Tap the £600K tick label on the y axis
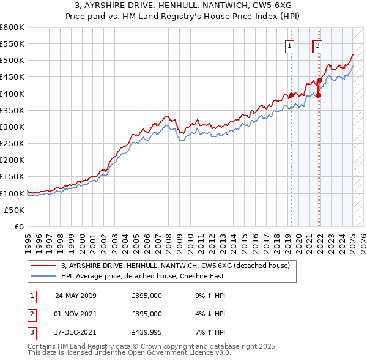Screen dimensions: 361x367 (12, 28)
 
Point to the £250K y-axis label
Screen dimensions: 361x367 (12, 143)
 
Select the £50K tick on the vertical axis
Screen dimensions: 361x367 (15, 210)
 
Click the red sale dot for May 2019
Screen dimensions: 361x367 (291, 95)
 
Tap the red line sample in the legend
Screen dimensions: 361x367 (43, 266)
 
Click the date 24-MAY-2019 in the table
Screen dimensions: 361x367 (75, 296)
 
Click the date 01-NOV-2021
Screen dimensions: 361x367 (75, 314)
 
